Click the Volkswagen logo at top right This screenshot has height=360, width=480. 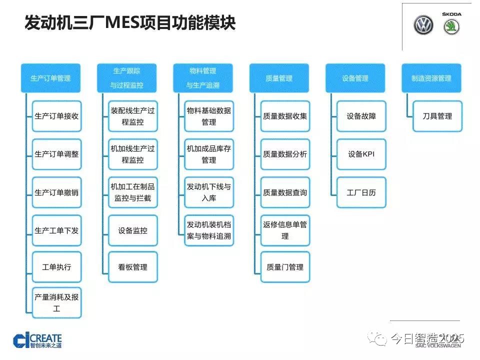[x=423, y=26]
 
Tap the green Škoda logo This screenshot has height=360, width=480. [x=451, y=27]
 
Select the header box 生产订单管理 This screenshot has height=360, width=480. [x=50, y=78]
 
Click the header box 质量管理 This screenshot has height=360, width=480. [x=279, y=78]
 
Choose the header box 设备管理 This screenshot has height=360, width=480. [x=355, y=78]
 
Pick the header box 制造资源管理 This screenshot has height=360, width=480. [x=431, y=78]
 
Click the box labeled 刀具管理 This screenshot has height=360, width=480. [x=437, y=116]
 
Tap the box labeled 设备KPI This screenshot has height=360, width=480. [x=361, y=154]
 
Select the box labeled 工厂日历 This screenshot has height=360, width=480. [x=361, y=192]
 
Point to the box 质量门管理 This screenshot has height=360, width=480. [x=285, y=267]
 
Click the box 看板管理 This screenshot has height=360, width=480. [x=132, y=267]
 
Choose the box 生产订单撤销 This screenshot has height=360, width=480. [x=56, y=192]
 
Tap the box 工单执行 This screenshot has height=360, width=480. [x=56, y=267]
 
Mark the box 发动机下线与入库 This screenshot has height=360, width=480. [x=209, y=192]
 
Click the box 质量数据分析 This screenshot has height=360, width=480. [x=285, y=154]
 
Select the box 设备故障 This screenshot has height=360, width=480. [x=361, y=116]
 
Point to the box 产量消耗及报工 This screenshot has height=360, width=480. [x=56, y=302]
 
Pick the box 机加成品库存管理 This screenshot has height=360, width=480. [x=209, y=154]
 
